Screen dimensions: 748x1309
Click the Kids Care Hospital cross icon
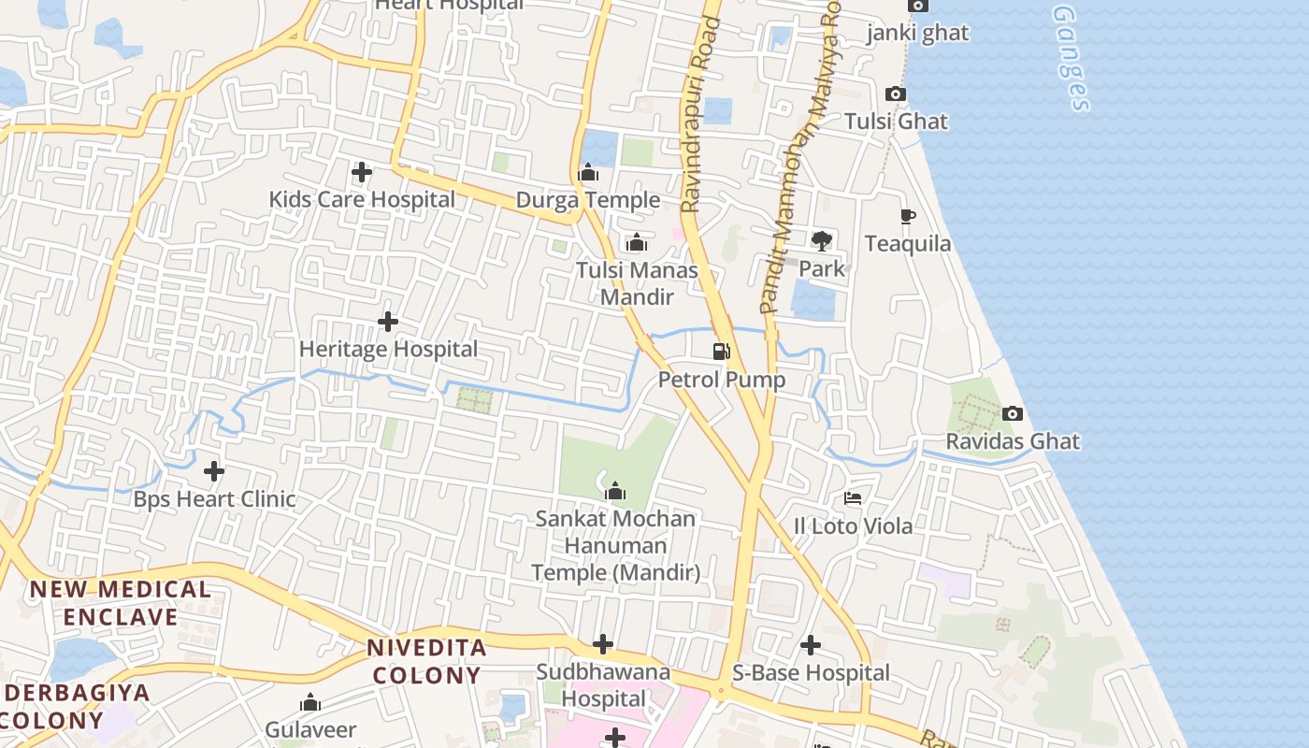click(362, 172)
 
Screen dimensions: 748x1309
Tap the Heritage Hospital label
click(388, 349)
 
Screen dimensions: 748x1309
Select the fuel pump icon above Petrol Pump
click(721, 352)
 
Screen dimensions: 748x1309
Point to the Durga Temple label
click(588, 200)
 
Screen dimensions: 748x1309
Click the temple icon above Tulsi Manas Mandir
click(637, 243)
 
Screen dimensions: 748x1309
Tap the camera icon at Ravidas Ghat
click(1012, 413)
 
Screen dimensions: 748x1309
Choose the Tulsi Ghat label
click(896, 122)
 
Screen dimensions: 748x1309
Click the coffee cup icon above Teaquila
click(907, 217)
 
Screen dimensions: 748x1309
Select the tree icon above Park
click(822, 241)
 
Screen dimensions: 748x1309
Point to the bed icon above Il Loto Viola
click(853, 498)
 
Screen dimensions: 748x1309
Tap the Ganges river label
click(1072, 58)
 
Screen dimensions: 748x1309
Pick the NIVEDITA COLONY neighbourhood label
click(426, 661)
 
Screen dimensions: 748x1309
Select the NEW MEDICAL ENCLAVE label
click(121, 603)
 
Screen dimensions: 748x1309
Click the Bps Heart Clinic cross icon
click(214, 471)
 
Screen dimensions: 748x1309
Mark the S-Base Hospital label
click(811, 673)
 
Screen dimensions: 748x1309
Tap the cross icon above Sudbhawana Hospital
click(603, 644)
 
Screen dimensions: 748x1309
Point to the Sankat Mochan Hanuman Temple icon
click(615, 492)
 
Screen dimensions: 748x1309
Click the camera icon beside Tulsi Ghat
click(895, 94)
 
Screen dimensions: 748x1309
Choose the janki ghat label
click(917, 34)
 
